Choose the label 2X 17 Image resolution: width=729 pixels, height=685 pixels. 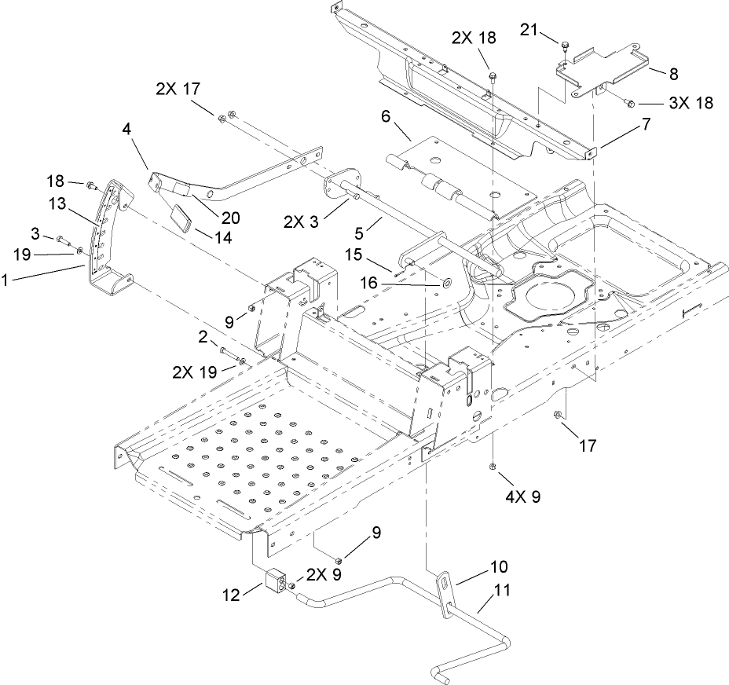coord(178,90)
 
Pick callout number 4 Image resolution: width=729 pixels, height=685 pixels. coord(127,128)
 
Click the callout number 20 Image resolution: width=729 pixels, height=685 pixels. coord(230,218)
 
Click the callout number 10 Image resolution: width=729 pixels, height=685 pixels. coord(500,566)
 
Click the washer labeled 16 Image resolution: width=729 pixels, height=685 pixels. coord(446,281)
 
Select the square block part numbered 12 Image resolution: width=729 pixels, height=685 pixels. coord(277,582)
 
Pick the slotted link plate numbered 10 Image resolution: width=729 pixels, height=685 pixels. coord(446,590)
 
